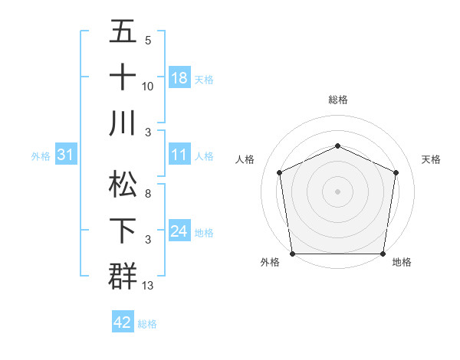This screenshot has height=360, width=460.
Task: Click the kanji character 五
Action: [123, 32]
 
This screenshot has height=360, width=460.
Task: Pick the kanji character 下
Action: [123, 230]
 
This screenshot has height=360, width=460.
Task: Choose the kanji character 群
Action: [123, 275]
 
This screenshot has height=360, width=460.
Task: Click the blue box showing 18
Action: [179, 78]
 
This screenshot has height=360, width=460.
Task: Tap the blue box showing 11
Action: [179, 155]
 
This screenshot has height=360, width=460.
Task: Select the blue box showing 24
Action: [179, 231]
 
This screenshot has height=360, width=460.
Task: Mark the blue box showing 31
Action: [66, 155]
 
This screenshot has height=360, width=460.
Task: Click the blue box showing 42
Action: [123, 322]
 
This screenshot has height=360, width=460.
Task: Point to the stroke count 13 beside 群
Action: [149, 286]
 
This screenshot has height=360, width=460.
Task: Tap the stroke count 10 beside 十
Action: [148, 87]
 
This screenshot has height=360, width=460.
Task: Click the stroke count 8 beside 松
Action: [148, 195]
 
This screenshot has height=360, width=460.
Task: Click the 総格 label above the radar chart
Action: [338, 100]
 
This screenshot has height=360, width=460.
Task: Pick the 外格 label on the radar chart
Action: [270, 262]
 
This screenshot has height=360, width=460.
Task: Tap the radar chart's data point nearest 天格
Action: [396, 172]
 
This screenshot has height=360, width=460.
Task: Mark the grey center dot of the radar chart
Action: [337, 191]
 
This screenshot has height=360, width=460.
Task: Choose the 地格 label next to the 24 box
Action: [205, 232]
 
